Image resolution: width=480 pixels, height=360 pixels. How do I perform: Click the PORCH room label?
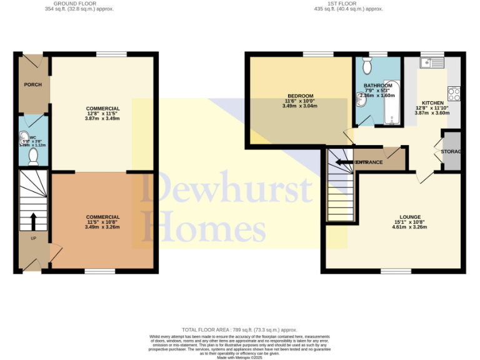[32, 84]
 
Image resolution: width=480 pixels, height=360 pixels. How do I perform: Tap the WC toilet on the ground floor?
[34, 154]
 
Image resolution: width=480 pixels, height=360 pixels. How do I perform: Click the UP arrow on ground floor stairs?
[33, 221]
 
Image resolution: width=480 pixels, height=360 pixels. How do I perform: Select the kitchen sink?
[431, 62]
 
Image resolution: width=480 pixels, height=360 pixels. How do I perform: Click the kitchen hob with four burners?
[454, 94]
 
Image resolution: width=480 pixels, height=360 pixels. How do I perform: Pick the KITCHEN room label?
[432, 103]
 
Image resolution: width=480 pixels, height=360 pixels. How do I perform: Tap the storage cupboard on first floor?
[451, 151]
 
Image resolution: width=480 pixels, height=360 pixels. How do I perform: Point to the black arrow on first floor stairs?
[343, 162]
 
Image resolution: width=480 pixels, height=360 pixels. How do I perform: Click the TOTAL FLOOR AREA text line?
[239, 329]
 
